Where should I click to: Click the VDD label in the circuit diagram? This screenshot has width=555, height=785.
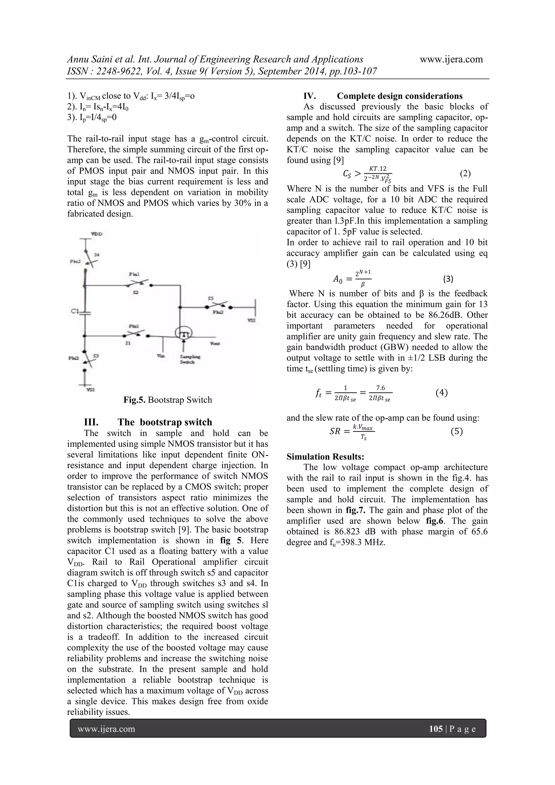97,234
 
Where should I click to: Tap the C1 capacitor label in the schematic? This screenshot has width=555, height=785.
75,311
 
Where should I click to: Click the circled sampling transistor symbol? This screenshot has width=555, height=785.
183,333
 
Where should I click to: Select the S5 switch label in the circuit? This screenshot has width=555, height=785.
211,298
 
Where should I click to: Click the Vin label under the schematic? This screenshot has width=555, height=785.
161,356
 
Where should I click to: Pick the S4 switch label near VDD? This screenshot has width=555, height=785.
97,255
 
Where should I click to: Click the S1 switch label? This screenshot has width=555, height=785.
127,343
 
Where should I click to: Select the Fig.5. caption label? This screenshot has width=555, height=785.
135,400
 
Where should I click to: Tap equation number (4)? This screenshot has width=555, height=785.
441,393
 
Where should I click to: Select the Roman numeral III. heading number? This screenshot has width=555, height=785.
91,422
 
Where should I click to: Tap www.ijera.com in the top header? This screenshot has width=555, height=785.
451,59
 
